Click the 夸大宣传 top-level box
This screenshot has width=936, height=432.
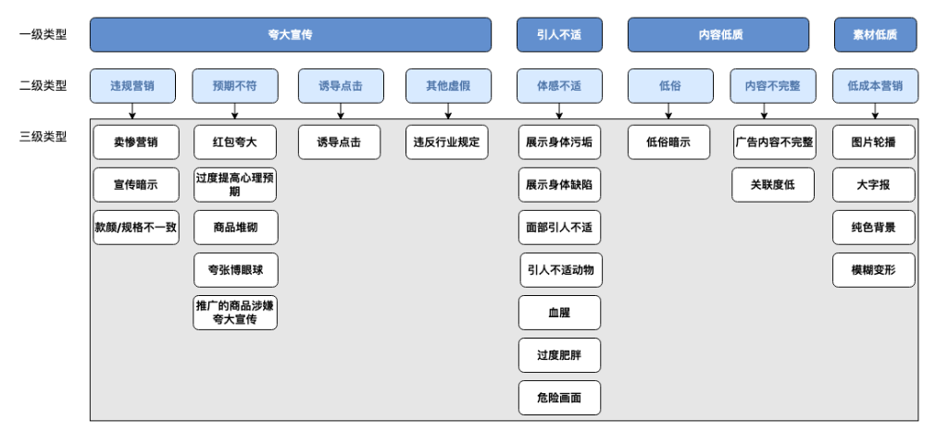(290, 35)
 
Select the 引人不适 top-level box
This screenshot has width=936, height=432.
(559, 35)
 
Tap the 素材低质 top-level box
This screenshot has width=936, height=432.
(874, 35)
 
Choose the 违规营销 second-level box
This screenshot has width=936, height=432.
(132, 86)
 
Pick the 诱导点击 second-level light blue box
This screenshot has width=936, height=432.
(340, 86)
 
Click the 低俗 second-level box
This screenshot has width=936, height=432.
(669, 86)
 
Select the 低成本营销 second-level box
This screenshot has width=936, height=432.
(874, 86)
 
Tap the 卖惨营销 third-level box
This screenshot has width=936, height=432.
(135, 142)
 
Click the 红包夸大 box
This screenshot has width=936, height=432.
(235, 142)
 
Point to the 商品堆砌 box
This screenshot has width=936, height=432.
(235, 228)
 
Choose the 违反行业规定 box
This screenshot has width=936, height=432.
(446, 142)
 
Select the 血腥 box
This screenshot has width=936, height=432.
(559, 313)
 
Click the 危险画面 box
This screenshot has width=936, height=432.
(559, 398)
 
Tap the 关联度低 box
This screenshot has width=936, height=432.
(773, 185)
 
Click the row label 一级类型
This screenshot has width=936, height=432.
(44, 35)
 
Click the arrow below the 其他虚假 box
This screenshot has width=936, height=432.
(448, 111)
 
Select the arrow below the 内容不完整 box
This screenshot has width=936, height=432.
(765, 111)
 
